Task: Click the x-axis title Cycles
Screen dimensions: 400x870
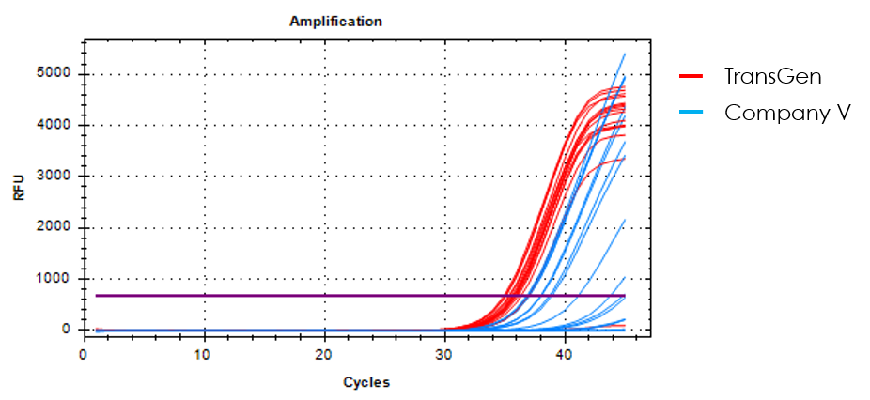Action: coord(366,382)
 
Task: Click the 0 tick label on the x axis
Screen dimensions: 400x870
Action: coord(84,355)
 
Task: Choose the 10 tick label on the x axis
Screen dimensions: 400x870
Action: coord(204,355)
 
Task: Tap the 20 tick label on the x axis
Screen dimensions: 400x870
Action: coord(324,355)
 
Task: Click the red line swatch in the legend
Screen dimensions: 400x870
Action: coord(691,76)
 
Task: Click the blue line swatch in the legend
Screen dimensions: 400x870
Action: coord(691,112)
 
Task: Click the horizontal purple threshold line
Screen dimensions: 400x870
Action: coord(282,296)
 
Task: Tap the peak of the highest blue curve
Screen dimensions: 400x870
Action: coord(624,54)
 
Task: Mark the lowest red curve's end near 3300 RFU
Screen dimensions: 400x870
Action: coord(624,158)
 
